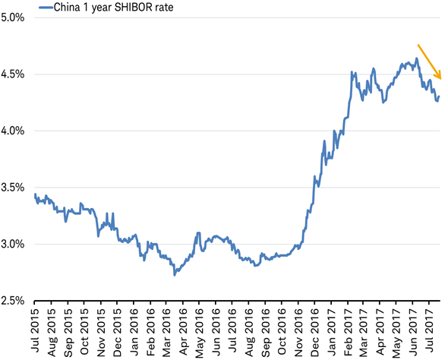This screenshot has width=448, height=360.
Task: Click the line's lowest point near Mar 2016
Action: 175,274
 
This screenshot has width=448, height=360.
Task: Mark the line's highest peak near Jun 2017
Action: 417,58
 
